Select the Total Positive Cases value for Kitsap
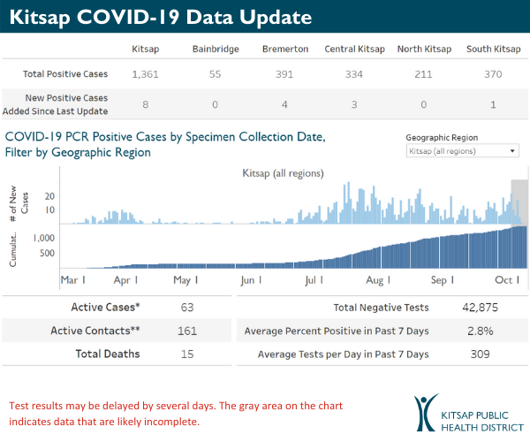[144, 74]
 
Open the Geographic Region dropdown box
[462, 151]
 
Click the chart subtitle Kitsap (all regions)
[283, 174]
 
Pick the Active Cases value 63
[186, 308]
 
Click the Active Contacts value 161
[186, 331]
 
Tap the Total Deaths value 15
[186, 354]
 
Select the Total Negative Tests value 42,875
[489, 308]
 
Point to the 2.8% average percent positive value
[489, 331]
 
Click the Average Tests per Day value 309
[489, 354]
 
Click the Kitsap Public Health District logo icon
[428, 412]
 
